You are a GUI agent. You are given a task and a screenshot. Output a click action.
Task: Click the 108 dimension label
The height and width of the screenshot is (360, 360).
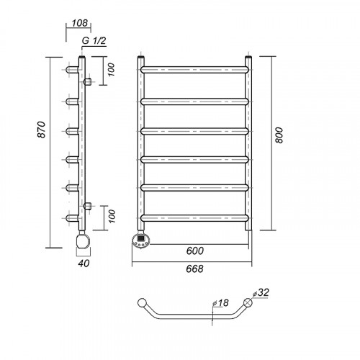[80, 23]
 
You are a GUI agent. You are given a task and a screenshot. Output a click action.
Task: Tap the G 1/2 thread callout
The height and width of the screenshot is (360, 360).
[94, 40]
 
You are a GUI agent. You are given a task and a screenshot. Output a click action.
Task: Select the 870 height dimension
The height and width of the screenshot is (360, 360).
[42, 130]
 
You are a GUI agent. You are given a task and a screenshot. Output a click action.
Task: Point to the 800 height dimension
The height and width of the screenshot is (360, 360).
[279, 135]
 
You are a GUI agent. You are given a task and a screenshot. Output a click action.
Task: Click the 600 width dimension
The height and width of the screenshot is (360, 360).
[195, 251]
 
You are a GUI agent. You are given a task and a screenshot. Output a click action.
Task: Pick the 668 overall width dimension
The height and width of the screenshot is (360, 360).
[194, 269]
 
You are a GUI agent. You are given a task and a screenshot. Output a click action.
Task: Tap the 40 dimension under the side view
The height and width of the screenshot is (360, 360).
[84, 264]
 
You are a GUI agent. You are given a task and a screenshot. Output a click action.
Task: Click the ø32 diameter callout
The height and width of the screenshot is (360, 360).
[261, 292]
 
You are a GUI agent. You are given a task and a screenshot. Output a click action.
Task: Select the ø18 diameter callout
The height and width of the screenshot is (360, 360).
[220, 303]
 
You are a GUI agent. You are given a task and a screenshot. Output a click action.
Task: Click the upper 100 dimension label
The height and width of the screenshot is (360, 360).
[111, 70]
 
